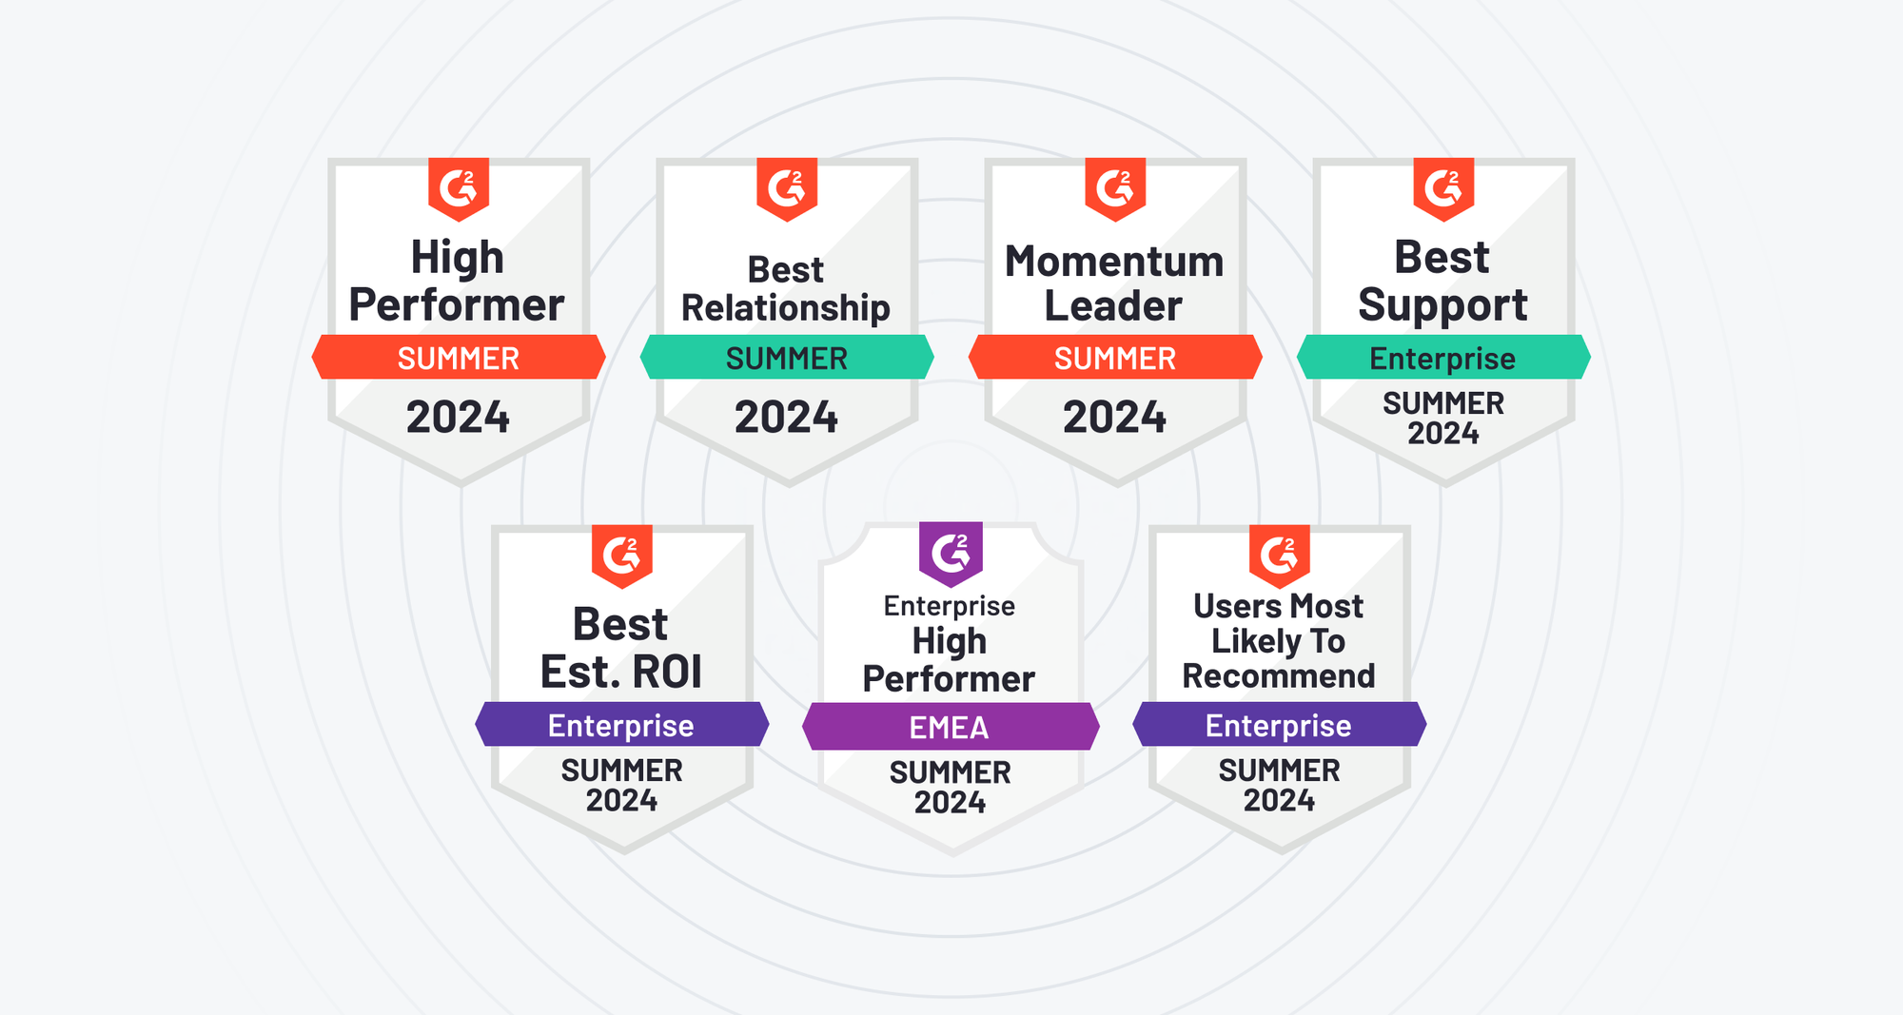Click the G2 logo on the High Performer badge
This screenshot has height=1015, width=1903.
click(459, 189)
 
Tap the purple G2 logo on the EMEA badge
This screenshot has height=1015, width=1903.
click(951, 554)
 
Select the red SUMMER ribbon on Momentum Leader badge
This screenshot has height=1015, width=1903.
click(1115, 358)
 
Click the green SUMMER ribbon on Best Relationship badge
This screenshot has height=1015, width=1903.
click(787, 358)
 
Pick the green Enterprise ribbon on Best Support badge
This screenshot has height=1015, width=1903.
click(1443, 358)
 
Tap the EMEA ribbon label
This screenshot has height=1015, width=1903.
click(950, 728)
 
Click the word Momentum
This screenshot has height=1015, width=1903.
click(1114, 262)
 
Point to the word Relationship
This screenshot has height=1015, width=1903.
click(786, 308)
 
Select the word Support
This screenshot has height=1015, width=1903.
click(1442, 305)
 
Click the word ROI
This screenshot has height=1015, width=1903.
click(667, 673)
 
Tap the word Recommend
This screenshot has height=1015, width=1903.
click(1279, 676)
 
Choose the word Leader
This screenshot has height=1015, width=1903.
click(1113, 306)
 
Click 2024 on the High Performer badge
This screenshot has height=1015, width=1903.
click(458, 418)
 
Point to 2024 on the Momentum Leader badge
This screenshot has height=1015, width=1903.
click(1114, 418)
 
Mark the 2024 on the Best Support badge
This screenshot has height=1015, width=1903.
click(1443, 434)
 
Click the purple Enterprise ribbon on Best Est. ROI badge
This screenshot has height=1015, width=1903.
click(622, 725)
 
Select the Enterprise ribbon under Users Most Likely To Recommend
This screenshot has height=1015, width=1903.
click(1280, 725)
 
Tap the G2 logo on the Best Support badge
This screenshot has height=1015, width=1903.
click(1443, 189)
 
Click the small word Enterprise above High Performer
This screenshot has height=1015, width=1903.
click(950, 607)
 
